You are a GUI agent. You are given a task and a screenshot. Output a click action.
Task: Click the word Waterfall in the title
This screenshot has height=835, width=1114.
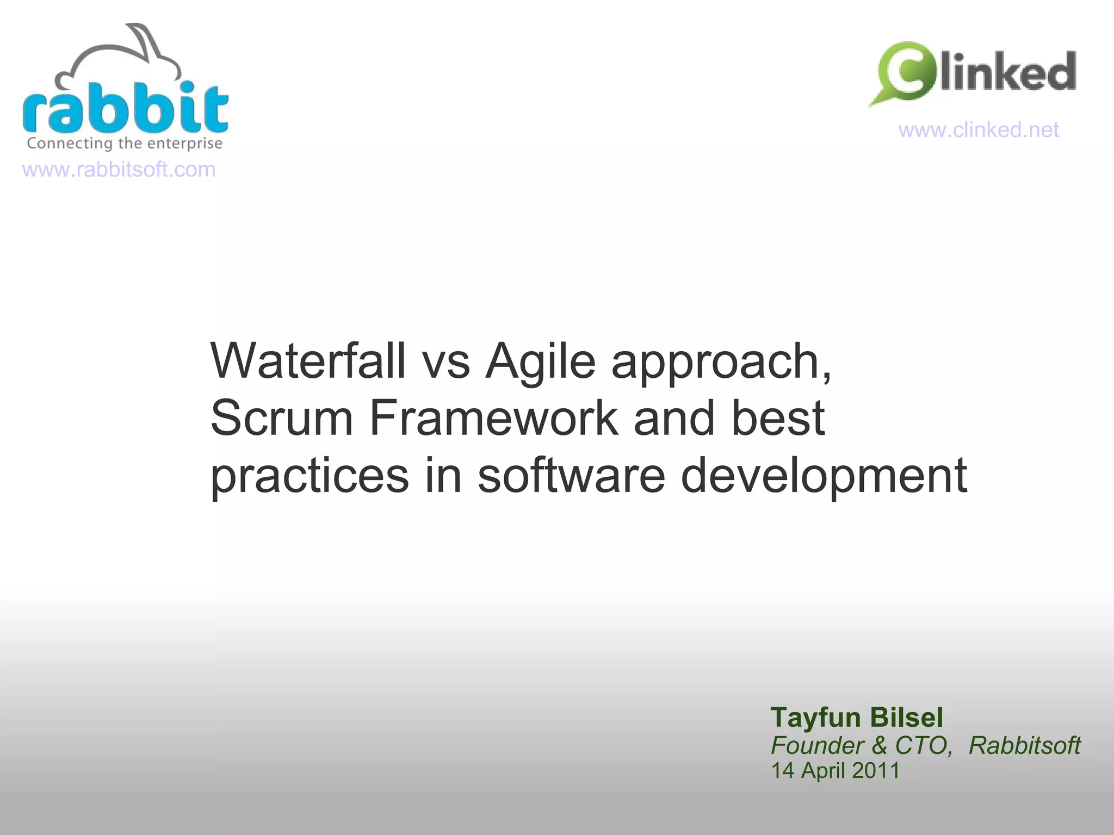click(308, 361)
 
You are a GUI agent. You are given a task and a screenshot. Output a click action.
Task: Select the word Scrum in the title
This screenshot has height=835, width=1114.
click(282, 418)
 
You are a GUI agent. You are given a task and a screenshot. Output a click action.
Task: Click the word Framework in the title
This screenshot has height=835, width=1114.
click(494, 418)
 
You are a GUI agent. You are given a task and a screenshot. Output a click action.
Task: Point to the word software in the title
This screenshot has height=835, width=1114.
click(571, 475)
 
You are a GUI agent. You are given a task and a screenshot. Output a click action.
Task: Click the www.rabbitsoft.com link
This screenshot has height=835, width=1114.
click(119, 170)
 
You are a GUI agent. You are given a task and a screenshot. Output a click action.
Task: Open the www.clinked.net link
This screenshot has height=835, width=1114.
click(978, 130)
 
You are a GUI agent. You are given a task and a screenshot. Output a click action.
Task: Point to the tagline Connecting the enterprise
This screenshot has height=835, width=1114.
click(125, 143)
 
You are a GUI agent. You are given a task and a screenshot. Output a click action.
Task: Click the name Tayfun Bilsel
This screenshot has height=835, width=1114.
click(857, 718)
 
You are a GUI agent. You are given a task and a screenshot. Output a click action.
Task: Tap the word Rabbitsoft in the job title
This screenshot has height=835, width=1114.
click(1024, 745)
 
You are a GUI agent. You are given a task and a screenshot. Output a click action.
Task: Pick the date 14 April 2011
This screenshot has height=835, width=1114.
click(835, 771)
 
